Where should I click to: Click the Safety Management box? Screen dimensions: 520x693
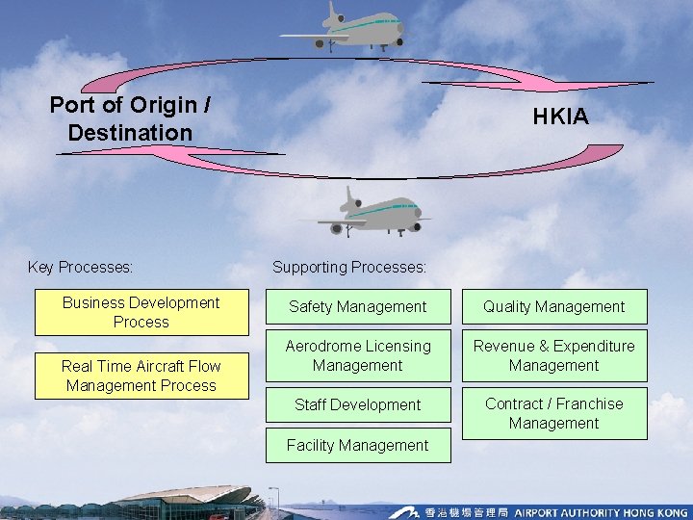(358, 307)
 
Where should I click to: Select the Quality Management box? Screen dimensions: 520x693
(554, 307)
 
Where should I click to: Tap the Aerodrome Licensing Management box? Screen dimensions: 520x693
(358, 355)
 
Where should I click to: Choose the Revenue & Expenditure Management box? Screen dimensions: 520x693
(554, 355)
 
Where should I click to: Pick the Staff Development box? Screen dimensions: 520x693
(358, 405)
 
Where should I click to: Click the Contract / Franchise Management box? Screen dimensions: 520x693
(554, 413)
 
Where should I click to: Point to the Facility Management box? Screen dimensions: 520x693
(358, 445)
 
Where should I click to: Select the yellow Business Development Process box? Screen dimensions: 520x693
(141, 313)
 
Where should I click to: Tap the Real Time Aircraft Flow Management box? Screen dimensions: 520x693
(141, 376)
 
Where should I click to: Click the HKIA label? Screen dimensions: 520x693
(562, 117)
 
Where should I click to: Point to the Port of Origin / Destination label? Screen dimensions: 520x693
(130, 118)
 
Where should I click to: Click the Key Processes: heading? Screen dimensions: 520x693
(81, 267)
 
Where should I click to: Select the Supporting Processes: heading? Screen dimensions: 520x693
(349, 267)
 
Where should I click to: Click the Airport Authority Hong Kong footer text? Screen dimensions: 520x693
(598, 511)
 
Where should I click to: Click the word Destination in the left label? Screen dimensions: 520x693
(130, 132)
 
